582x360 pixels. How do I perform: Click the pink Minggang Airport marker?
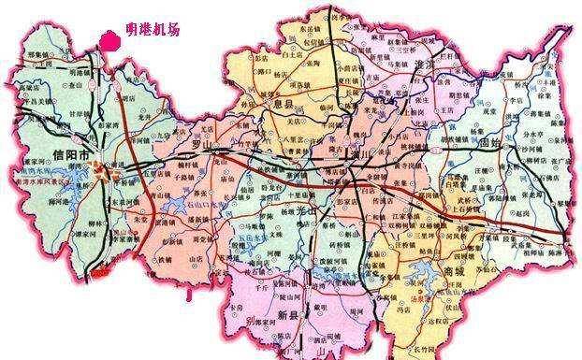click(109, 38)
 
